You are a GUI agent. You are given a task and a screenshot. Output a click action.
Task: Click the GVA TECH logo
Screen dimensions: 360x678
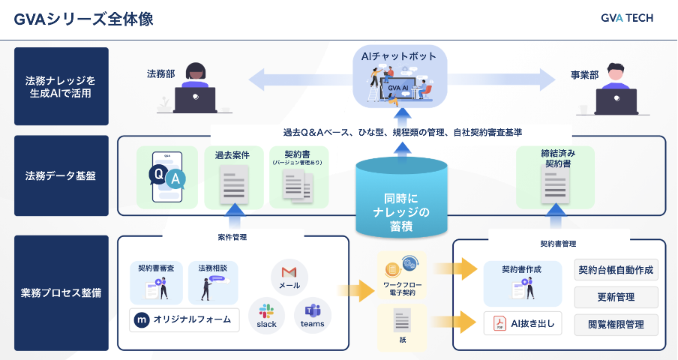[626, 18]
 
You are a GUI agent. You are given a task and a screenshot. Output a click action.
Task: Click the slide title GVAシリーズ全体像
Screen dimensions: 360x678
[83, 19]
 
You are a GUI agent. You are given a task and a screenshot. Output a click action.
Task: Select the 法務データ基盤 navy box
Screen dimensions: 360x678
[61, 176]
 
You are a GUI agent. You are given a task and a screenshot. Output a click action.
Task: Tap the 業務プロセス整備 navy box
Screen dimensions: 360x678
[61, 293]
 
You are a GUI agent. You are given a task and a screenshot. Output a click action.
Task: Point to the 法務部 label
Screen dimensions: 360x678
[161, 75]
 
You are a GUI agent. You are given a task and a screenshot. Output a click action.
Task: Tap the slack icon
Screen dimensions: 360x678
[266, 315]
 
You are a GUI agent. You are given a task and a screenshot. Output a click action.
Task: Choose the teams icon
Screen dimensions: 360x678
[312, 315]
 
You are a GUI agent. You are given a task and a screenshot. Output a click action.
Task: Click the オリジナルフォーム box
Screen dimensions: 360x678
[184, 320]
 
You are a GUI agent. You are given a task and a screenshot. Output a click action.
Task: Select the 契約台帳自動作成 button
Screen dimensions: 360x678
[616, 270]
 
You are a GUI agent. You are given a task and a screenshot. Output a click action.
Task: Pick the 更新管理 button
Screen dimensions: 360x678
[616, 297]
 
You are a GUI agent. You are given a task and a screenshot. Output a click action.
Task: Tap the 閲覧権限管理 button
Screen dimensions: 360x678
[616, 324]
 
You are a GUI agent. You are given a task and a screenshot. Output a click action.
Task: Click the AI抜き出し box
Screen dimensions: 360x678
[523, 322]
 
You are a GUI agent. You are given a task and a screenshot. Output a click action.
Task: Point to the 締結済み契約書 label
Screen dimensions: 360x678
[555, 157]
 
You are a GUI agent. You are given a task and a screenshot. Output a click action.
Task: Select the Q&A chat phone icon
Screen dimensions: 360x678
[166, 177]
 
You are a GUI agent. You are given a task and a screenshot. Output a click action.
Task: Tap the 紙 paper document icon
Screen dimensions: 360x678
[402, 323]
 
